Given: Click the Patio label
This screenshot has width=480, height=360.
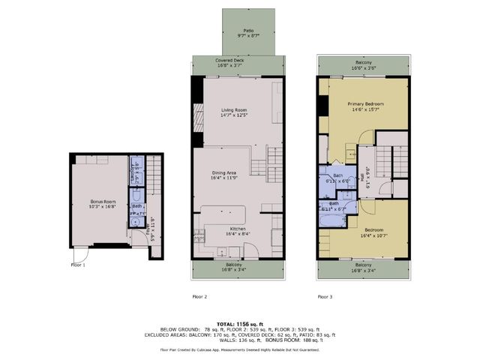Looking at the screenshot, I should [x=239, y=32].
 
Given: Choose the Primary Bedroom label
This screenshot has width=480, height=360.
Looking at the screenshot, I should [x=364, y=106].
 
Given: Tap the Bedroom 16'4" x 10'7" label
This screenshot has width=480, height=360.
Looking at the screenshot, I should [x=363, y=232].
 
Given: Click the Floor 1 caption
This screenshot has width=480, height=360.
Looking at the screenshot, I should [x=78, y=264].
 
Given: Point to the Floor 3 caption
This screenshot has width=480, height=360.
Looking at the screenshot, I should [x=325, y=296].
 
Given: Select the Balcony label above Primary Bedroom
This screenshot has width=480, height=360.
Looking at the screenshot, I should [x=363, y=64].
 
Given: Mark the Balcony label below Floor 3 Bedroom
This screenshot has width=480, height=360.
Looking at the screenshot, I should [x=363, y=267].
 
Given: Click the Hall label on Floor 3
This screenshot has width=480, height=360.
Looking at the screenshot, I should [x=363, y=178].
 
